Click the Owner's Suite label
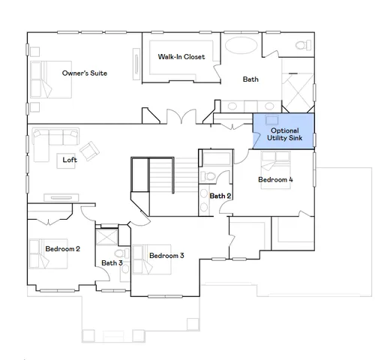[84, 73]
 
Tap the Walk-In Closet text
[181, 56]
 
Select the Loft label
[69, 160]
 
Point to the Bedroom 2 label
[62, 248]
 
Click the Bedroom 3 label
[166, 256]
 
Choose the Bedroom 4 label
[276, 180]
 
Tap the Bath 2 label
[220, 196]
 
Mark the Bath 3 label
[112, 262]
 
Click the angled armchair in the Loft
[91, 151]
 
